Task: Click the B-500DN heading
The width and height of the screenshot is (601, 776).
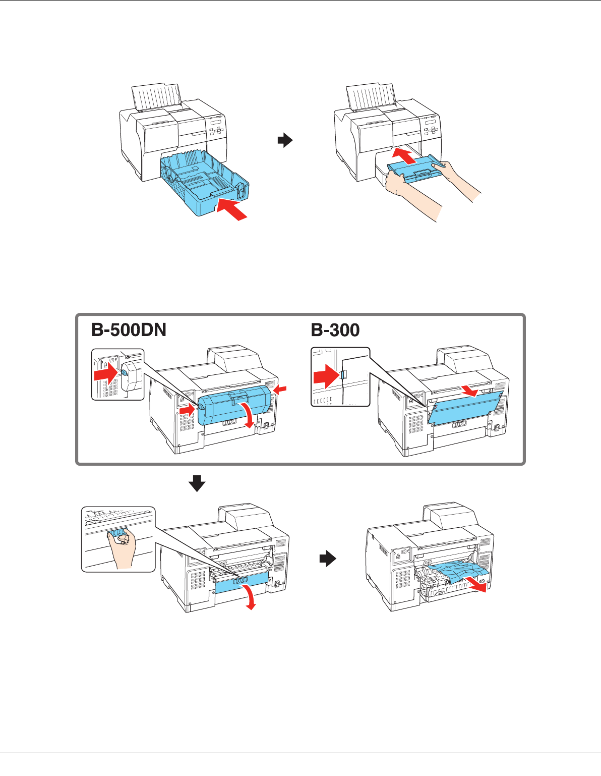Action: coord(129,329)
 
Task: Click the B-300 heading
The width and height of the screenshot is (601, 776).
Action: coord(335,329)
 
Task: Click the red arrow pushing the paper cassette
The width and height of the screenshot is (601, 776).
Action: coord(232,209)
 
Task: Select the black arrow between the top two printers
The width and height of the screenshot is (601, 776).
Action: coord(285,140)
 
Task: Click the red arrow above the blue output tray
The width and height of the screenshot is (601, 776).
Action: coord(404,156)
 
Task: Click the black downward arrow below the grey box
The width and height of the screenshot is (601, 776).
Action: coord(197,483)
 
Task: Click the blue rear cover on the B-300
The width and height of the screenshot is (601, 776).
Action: coord(465,406)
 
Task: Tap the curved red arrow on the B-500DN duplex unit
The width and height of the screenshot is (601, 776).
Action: coord(247,415)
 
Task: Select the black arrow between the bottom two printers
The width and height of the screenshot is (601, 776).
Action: coord(328,558)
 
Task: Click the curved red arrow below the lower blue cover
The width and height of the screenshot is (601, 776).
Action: coord(249,597)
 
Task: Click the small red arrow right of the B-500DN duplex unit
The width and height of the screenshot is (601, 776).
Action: coord(280,390)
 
